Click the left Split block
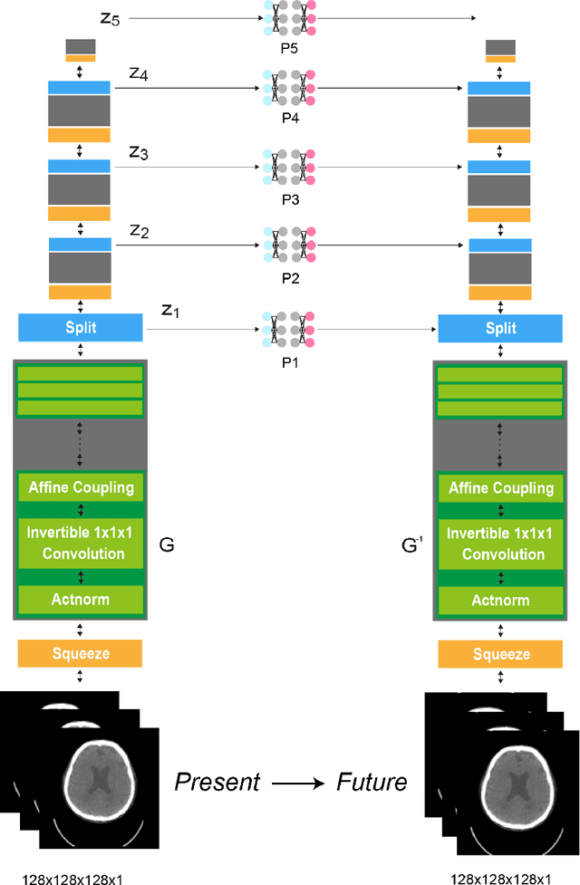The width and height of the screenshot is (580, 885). [81, 327]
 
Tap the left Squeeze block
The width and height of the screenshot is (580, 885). [81, 653]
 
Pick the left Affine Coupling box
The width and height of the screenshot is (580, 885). [81, 487]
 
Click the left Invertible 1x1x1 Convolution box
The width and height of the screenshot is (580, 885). [81, 543]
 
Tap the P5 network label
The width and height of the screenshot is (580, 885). [289, 48]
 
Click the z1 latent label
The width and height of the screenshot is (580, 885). [169, 311]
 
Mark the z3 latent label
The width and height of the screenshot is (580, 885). [138, 153]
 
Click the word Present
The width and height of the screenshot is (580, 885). [217, 780]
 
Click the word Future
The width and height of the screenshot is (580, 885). [372, 780]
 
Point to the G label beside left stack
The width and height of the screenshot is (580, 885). [166, 545]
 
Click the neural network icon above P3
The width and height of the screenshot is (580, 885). [289, 168]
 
